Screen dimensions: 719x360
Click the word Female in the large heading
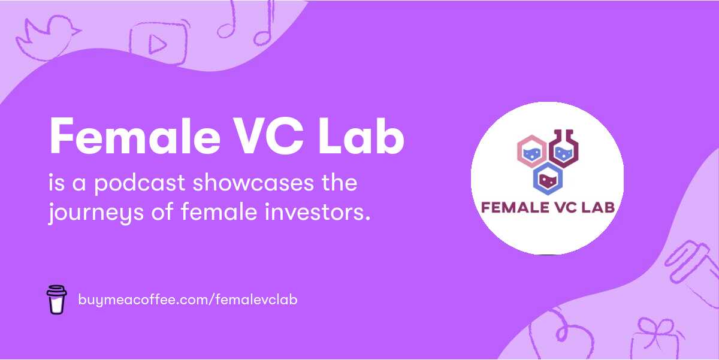coord(135,136)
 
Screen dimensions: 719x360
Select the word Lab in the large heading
coord(361,136)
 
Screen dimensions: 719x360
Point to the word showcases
coord(253,182)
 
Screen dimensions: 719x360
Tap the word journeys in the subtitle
coord(96,213)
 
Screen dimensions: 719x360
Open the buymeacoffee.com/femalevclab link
coord(188,300)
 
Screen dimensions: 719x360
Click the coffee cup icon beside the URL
coord(56,300)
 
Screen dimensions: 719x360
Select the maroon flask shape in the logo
coord(564,149)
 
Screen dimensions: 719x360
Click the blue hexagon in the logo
coord(548,179)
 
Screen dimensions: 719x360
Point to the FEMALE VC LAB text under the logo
coord(548,207)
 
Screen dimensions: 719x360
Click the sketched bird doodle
coord(48,38)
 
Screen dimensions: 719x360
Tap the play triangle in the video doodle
coord(157,44)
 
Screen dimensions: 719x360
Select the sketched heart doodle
coord(563,334)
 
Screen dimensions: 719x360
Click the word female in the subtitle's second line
coord(219,212)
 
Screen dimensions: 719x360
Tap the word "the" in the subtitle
coord(340,182)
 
